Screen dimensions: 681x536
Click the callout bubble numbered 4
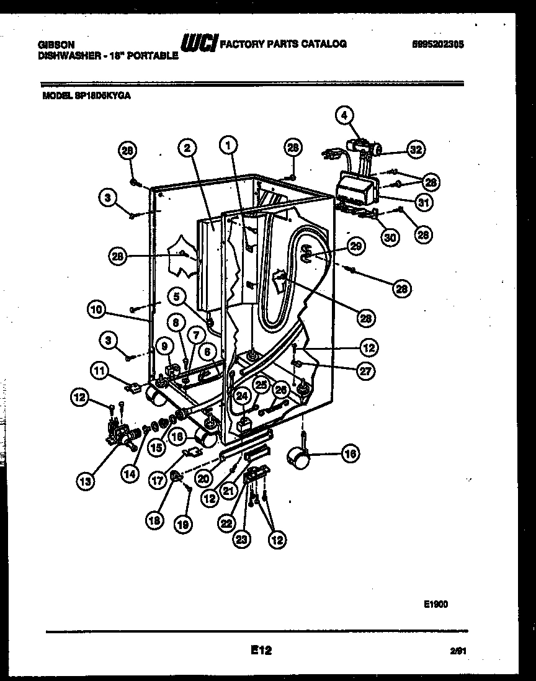345,114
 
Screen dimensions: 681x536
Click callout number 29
355,246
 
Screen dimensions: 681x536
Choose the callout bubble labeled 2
187,148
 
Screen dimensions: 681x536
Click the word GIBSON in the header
56,45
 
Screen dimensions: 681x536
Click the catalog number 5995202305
437,44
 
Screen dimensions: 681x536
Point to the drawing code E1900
437,603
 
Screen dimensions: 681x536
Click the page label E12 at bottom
261,650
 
